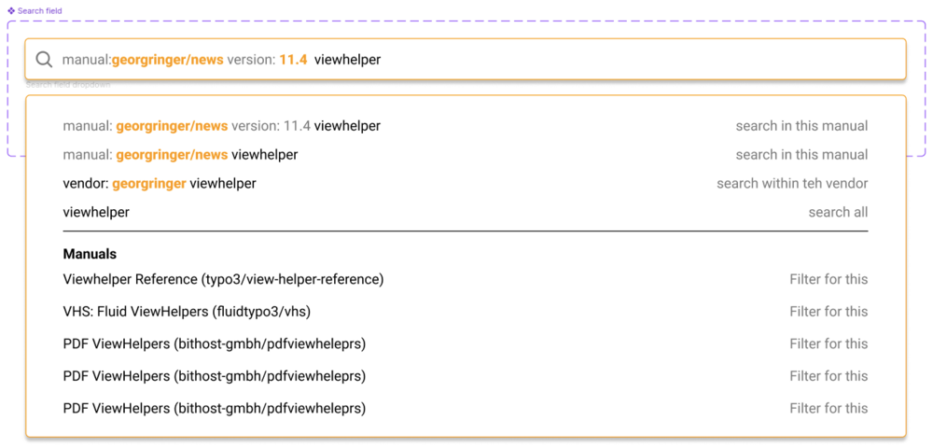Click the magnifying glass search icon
point(44,60)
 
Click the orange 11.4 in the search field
point(293,60)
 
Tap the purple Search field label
point(40,10)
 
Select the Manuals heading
point(90,254)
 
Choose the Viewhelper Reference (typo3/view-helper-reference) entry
point(223,279)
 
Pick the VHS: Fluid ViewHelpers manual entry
point(187,311)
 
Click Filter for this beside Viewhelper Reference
point(829,279)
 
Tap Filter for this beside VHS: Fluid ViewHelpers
point(829,311)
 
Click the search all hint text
point(838,212)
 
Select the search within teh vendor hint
point(792,183)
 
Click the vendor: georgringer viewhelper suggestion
point(160,184)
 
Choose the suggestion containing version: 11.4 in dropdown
point(221,126)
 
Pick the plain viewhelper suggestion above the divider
point(96,212)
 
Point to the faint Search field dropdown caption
point(68,85)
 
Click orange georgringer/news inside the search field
point(168,60)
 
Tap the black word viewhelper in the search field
point(347,60)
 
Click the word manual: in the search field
point(87,60)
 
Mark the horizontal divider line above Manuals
point(466,231)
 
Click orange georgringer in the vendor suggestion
point(148,184)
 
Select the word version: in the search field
point(250,60)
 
